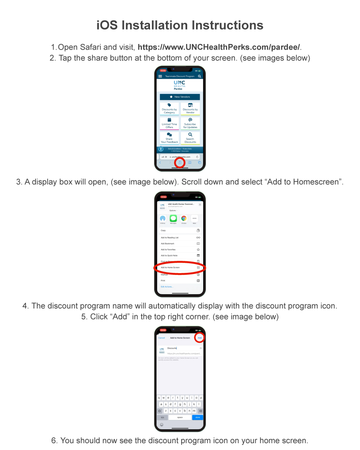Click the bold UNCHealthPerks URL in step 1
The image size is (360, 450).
(x=219, y=47)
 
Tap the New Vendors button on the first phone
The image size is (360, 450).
(x=180, y=97)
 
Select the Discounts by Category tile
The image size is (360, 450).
(x=169, y=109)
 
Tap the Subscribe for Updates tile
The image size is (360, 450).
(x=190, y=124)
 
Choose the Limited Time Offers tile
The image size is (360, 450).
(x=169, y=124)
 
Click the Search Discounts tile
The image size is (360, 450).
(x=190, y=138)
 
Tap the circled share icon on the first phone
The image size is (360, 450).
(x=180, y=163)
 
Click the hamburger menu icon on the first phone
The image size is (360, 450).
(x=160, y=76)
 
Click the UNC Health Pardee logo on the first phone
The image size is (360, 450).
(x=180, y=85)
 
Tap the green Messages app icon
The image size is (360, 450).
(x=173, y=218)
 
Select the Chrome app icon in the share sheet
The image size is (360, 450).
(x=184, y=218)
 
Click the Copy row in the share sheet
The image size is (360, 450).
(x=180, y=230)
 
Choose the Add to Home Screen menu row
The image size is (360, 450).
(x=180, y=267)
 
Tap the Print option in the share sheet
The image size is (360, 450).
(x=180, y=280)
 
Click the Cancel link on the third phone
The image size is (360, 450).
(x=162, y=338)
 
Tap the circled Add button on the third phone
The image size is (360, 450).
(x=199, y=338)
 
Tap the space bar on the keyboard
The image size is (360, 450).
(x=180, y=417)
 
